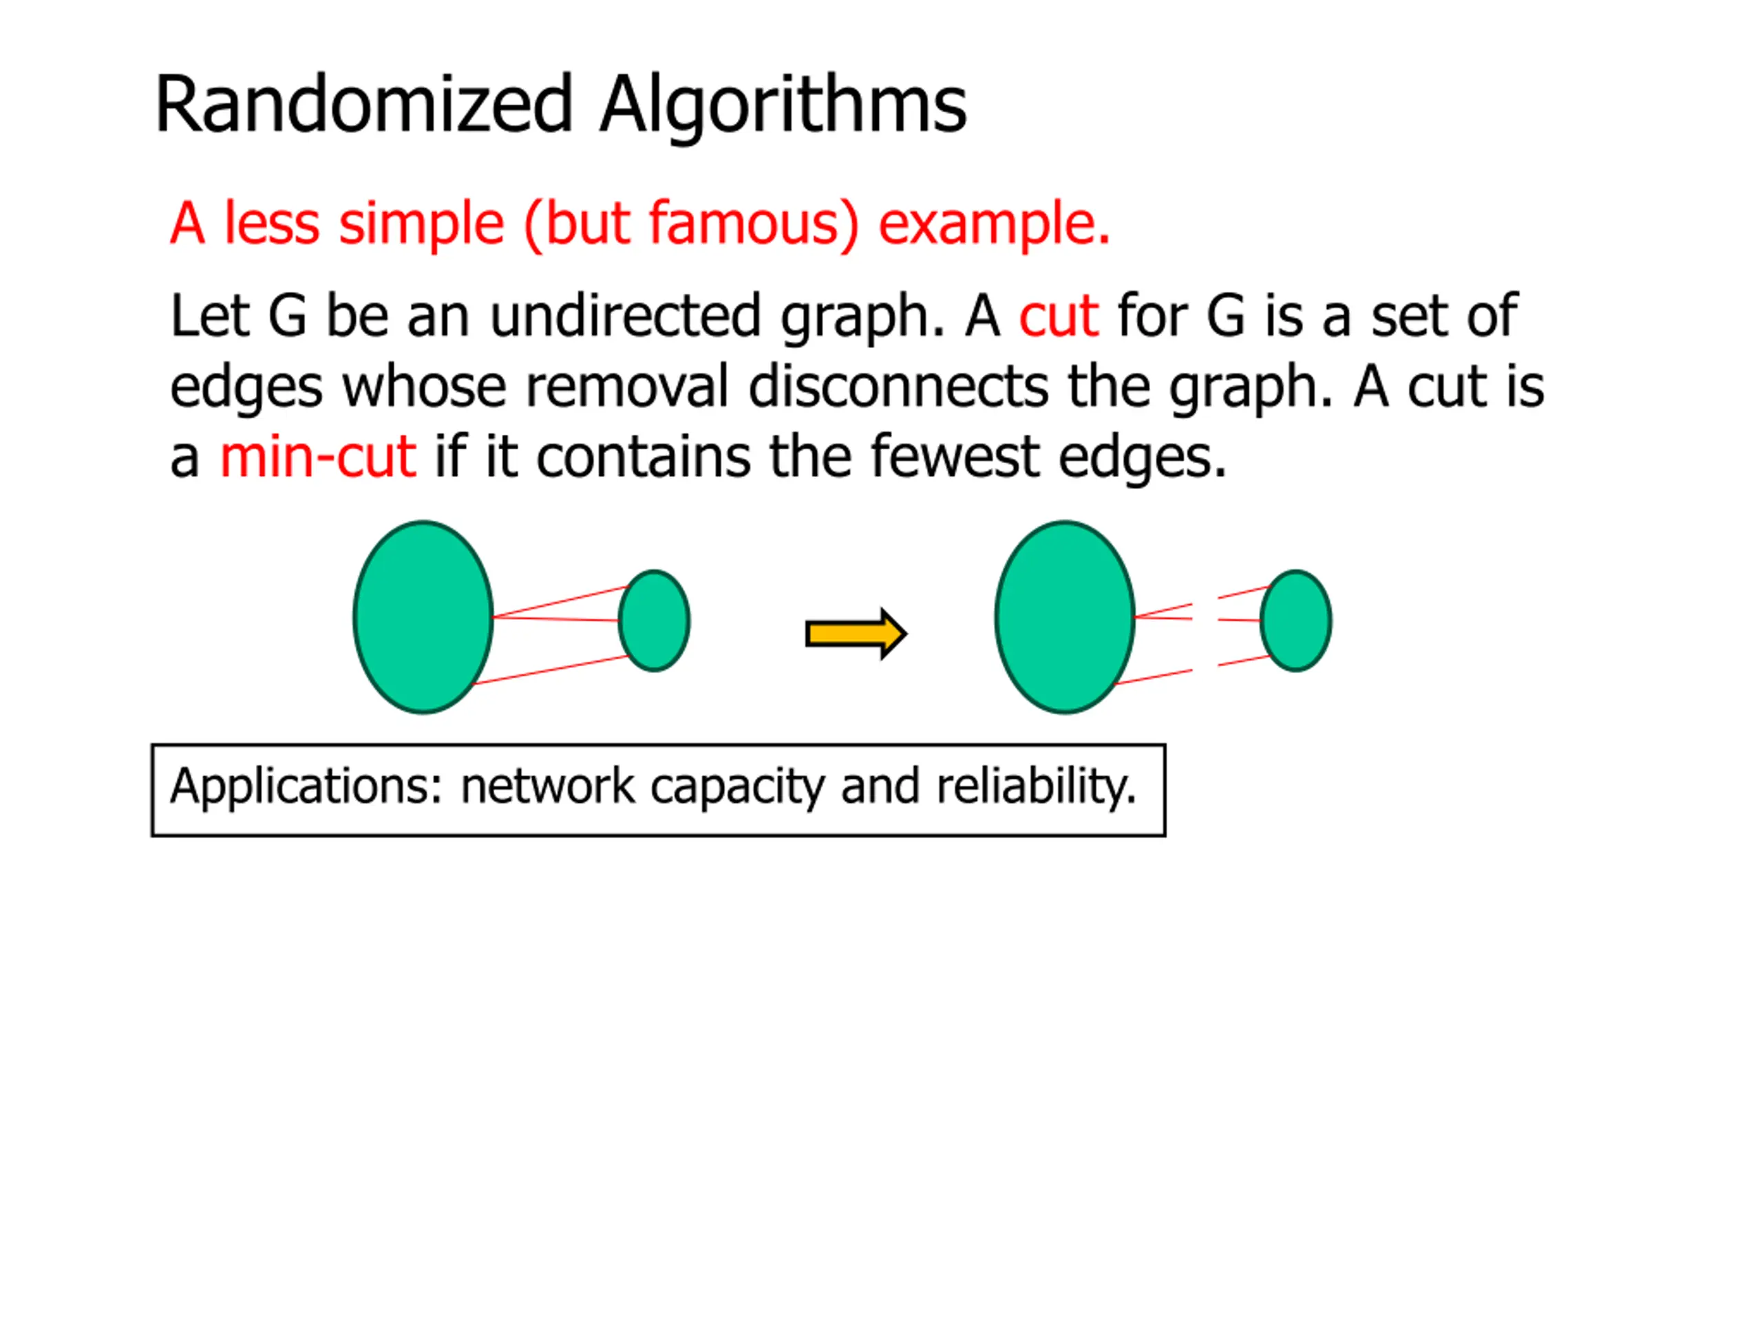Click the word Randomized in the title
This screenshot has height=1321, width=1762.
click(x=363, y=105)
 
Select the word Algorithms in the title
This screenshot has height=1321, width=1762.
click(x=783, y=105)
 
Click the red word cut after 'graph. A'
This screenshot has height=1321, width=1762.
click(x=1059, y=316)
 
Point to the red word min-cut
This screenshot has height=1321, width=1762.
click(x=317, y=457)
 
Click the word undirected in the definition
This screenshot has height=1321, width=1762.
click(x=625, y=316)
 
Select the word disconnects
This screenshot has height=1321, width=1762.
click(x=898, y=387)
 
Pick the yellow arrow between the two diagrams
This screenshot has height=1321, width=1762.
click(x=856, y=634)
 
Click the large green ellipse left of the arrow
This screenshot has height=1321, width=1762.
click(x=423, y=617)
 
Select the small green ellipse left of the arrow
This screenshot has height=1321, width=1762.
click(x=654, y=621)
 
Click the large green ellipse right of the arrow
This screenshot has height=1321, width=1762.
click(x=1065, y=617)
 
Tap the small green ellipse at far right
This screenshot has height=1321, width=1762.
click(x=1296, y=621)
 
